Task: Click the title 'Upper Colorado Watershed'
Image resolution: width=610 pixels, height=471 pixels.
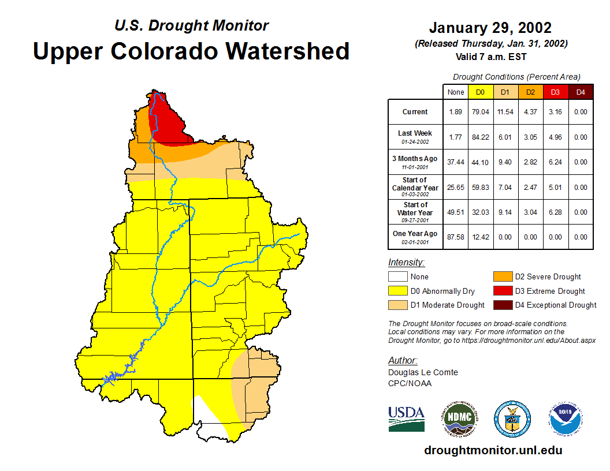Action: click(191, 51)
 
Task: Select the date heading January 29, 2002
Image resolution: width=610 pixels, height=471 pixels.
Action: click(490, 28)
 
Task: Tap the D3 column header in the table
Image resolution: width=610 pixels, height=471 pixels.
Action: click(555, 92)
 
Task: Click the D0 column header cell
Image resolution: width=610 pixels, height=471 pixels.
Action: click(480, 92)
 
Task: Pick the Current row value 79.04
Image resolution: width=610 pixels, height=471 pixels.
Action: click(480, 112)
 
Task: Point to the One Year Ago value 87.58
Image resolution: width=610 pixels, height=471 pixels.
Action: click(455, 237)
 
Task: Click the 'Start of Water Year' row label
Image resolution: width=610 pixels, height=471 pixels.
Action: click(415, 209)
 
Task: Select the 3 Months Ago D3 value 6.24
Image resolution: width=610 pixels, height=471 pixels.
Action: click(555, 162)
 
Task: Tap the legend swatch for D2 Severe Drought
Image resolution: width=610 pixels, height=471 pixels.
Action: click(503, 277)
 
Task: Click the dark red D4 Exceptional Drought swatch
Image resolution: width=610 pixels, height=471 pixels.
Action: click(503, 305)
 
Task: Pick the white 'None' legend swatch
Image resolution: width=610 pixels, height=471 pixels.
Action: click(398, 277)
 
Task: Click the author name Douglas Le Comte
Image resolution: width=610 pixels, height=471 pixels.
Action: click(423, 372)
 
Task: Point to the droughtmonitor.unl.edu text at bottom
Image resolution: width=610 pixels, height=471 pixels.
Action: click(493, 450)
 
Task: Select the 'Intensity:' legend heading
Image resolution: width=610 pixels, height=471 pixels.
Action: click(406, 263)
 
